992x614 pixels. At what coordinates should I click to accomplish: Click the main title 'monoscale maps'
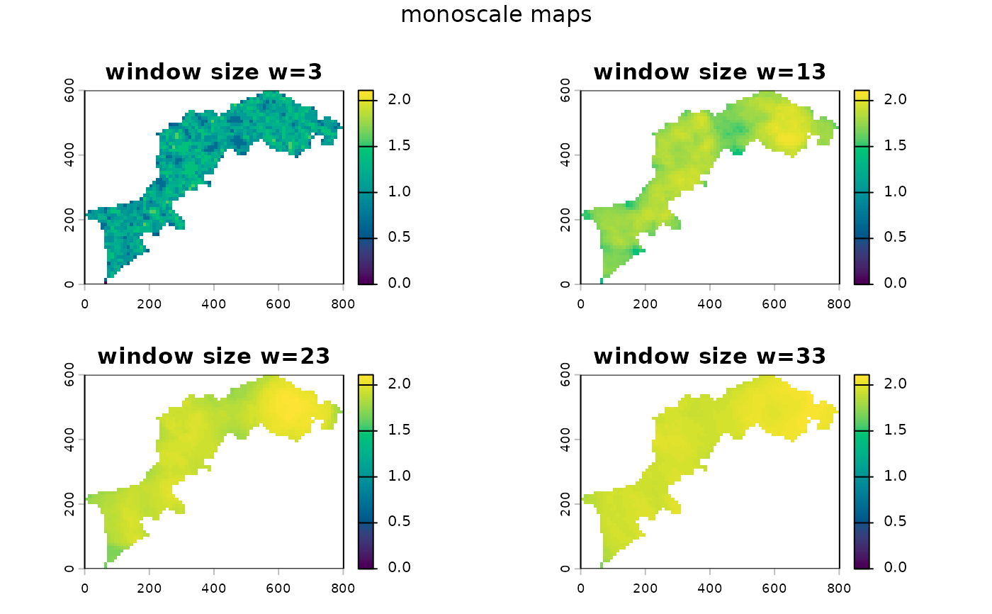tap(496, 15)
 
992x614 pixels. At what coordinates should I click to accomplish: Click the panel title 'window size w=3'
tap(213, 72)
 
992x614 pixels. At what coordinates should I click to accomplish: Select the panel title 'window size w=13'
tap(709, 72)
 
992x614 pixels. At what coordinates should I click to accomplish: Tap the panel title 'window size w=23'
tap(213, 356)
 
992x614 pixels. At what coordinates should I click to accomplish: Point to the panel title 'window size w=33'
tap(709, 356)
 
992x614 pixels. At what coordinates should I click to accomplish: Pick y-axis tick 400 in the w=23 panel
tap(69, 439)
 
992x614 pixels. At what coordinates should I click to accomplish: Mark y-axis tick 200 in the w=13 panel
tap(565, 220)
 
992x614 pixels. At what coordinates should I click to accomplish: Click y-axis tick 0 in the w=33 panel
tap(565, 568)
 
